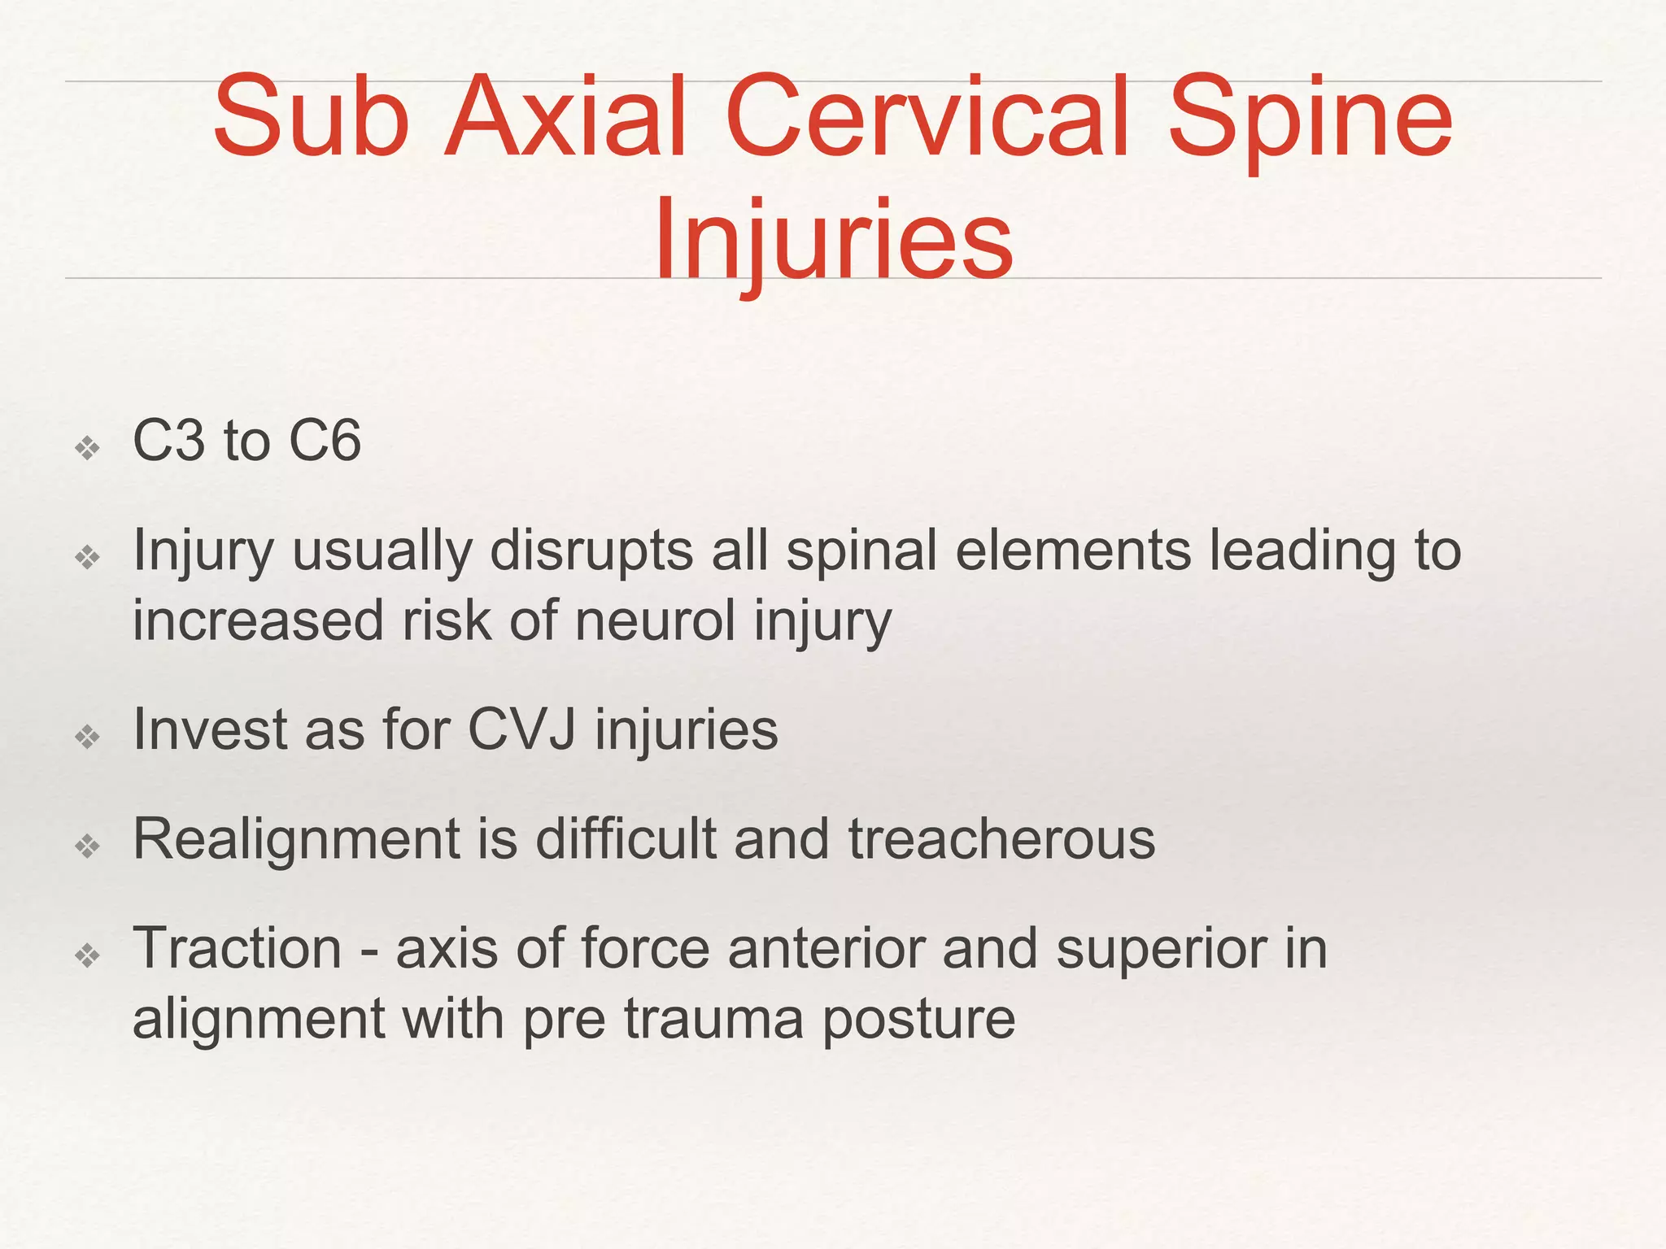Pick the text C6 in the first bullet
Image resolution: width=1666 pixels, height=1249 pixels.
pos(325,442)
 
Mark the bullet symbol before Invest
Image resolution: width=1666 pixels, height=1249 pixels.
pos(87,737)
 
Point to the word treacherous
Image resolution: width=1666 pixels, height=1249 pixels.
pos(1001,838)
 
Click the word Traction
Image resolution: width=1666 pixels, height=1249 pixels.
pos(238,948)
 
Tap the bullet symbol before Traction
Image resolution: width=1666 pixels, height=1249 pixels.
pos(87,955)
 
